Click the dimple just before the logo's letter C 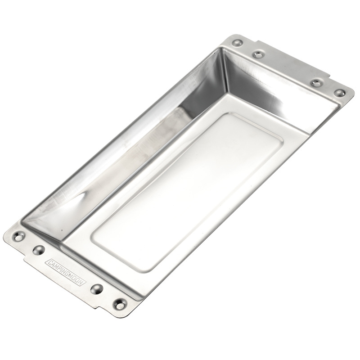coord(39,250)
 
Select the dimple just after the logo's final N coord(97,289)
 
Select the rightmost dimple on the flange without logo coord(339,93)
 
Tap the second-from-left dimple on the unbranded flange coord(258,54)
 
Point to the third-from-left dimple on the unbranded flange coord(317,83)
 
